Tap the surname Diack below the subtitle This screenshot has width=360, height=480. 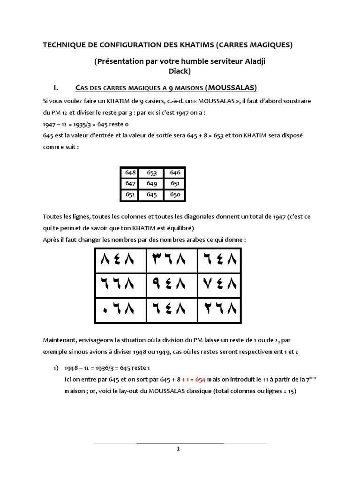click(180, 71)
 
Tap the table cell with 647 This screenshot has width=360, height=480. click(130, 183)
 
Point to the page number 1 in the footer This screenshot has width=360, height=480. click(178, 449)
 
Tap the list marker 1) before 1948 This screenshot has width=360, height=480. click(56, 367)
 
